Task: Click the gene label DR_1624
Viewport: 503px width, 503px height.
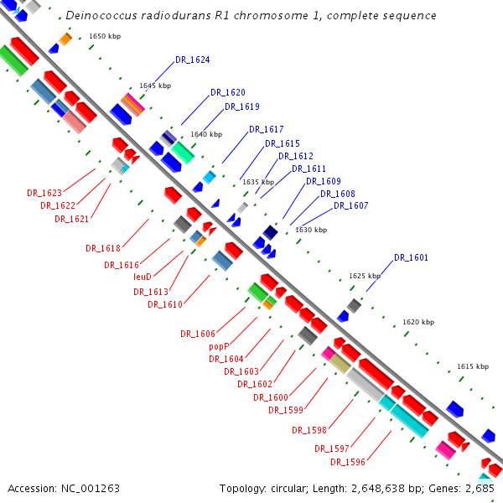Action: point(193,60)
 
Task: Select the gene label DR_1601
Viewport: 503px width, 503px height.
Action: point(411,257)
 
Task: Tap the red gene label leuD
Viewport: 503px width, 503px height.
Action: point(142,277)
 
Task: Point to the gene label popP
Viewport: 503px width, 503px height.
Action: point(219,346)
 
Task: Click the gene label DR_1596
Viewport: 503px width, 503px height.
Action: point(347,462)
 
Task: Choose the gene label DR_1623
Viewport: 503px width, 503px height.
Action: point(44,193)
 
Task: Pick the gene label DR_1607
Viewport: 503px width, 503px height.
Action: point(350,206)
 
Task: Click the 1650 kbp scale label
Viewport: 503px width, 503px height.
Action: point(105,37)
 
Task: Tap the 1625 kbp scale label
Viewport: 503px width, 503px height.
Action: point(365,276)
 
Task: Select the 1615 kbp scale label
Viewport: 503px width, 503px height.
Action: point(473,366)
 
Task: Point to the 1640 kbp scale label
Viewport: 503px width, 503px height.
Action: point(206,134)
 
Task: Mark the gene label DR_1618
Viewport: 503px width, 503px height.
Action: point(102,248)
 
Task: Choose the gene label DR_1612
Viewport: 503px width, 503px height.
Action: point(296,157)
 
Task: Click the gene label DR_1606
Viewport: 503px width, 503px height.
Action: point(197,334)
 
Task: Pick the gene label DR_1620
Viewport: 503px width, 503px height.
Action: point(228,92)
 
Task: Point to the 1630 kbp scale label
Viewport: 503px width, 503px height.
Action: point(311,230)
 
